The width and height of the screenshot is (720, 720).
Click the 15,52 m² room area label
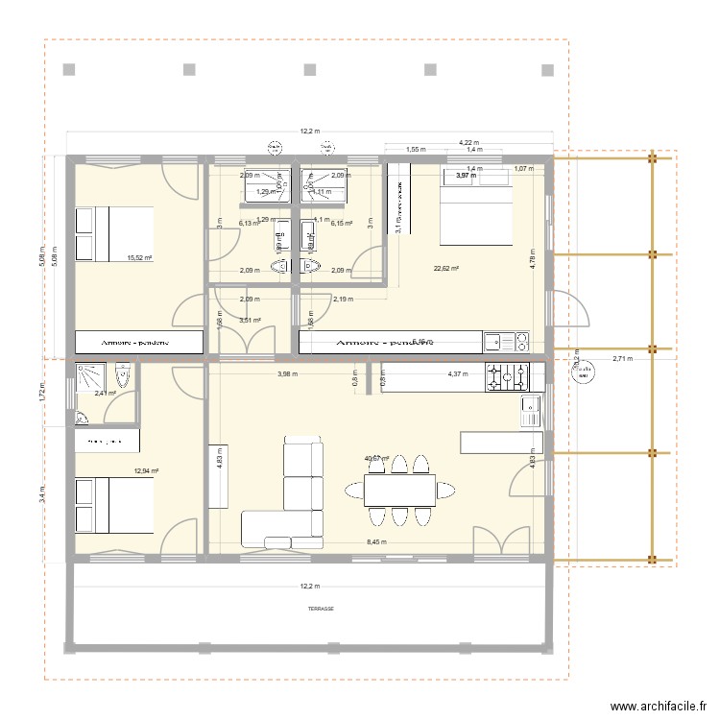(x=140, y=257)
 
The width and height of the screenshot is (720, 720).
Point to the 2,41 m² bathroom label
(x=105, y=393)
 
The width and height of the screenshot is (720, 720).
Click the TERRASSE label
(x=308, y=609)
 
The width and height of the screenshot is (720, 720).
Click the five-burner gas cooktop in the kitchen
(x=507, y=377)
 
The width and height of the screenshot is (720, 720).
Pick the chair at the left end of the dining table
(x=352, y=491)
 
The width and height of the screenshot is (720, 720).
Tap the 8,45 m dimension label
(x=377, y=542)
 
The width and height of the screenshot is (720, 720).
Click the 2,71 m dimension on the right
(x=623, y=359)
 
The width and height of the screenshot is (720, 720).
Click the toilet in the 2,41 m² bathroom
(x=123, y=374)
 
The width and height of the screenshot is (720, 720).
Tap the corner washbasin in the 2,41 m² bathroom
(x=81, y=418)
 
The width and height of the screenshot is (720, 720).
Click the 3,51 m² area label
(x=250, y=321)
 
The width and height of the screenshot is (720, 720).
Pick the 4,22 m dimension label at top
(x=469, y=141)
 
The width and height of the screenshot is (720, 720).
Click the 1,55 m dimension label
(x=416, y=150)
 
